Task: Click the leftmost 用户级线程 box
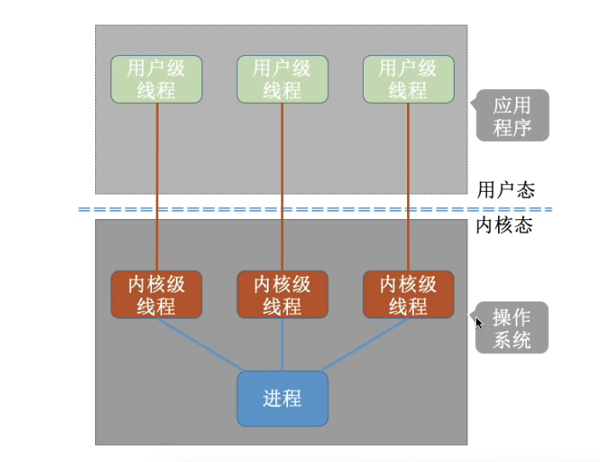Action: point(156,79)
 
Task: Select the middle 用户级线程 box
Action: point(282,79)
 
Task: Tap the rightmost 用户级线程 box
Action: point(408,79)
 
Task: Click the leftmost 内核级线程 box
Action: point(156,295)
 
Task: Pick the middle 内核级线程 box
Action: point(282,295)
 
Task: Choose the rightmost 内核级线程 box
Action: point(408,295)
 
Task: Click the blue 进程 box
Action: point(282,398)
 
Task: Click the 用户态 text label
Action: point(506,189)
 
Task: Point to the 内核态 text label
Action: point(506,226)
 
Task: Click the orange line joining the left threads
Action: point(158,187)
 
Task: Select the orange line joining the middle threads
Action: point(282,187)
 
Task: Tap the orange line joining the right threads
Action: point(408,187)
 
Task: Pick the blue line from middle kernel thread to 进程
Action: point(282,344)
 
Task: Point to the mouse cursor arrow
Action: point(478,323)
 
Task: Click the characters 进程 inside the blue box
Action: point(282,398)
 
